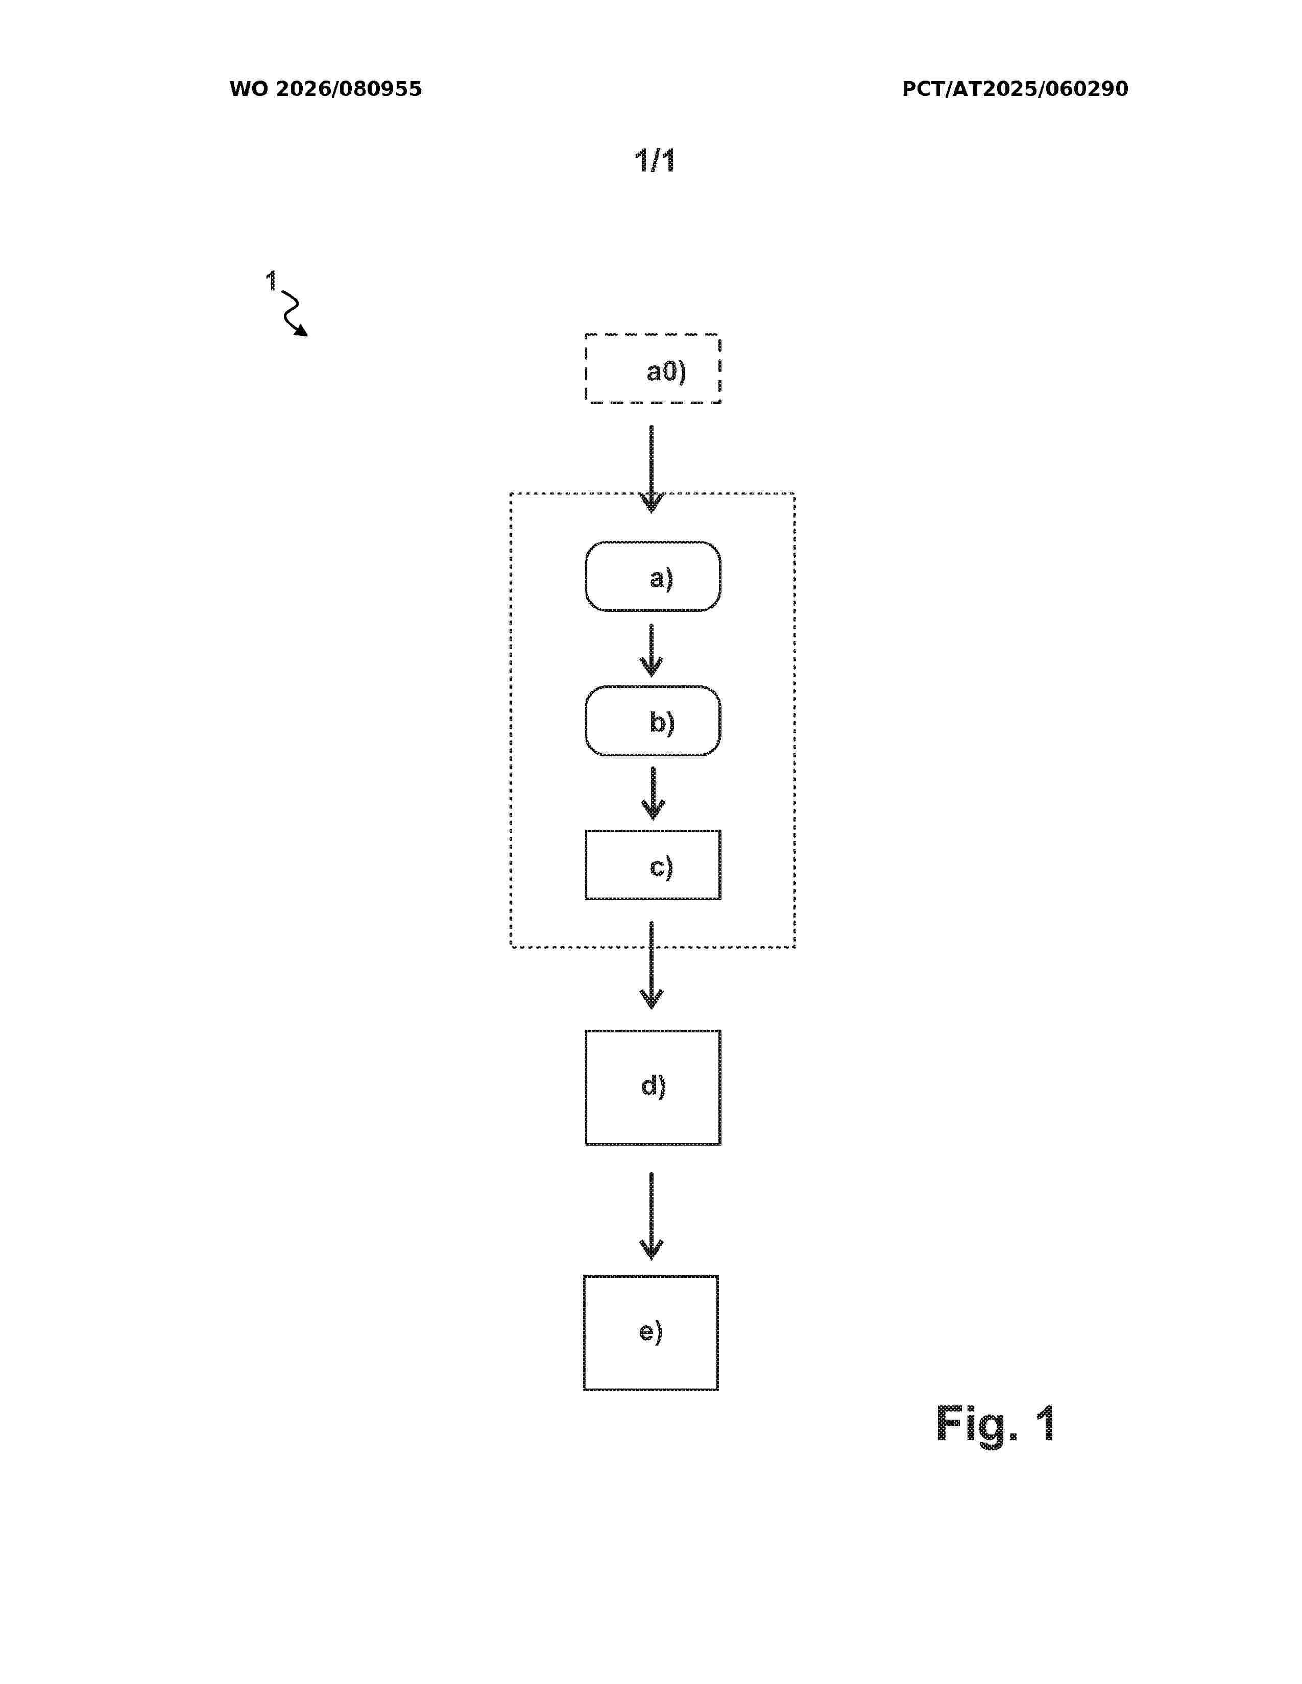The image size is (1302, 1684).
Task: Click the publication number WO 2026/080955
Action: (326, 89)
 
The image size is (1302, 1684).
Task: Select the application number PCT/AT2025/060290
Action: (1015, 89)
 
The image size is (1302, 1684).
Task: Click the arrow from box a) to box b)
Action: (652, 650)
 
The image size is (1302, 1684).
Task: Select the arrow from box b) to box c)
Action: (653, 794)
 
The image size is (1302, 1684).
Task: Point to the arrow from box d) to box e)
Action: (652, 1216)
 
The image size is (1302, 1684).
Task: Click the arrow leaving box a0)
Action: (652, 469)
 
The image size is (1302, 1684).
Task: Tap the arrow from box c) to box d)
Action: (652, 965)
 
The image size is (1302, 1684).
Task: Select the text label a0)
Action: (666, 372)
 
